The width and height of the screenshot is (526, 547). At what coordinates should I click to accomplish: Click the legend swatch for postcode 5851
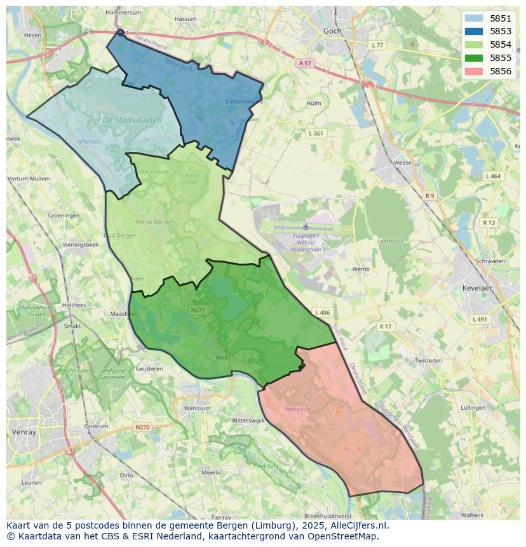(x=473, y=18)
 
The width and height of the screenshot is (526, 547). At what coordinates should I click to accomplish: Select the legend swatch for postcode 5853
(x=473, y=31)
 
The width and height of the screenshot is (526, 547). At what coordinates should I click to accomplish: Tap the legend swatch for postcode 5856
(x=473, y=71)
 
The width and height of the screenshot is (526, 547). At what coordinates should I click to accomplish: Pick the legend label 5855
(x=501, y=58)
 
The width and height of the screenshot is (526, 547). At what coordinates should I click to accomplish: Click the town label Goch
(x=332, y=30)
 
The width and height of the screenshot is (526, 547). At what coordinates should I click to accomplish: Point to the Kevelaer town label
(x=477, y=288)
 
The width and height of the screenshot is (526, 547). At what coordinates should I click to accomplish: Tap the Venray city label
(x=24, y=432)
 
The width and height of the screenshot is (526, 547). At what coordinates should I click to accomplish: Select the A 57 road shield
(x=306, y=63)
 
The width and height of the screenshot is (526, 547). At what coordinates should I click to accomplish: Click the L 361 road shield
(x=316, y=133)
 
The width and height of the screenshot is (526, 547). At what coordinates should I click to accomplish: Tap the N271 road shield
(x=198, y=310)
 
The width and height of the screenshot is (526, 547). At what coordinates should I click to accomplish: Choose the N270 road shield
(x=142, y=427)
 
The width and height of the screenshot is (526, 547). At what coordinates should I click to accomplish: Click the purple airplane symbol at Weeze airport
(x=306, y=226)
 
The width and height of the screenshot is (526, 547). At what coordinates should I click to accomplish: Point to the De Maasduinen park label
(x=131, y=119)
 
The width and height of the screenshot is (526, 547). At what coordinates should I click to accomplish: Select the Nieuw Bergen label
(x=154, y=222)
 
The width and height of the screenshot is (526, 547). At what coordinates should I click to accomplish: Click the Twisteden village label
(x=428, y=360)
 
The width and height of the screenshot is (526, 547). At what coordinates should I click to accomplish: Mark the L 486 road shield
(x=322, y=313)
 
